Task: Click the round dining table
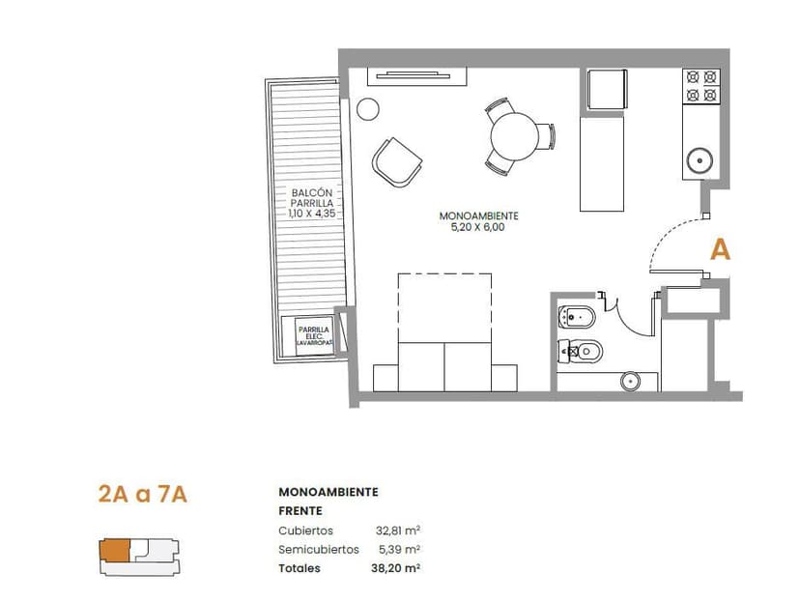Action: coord(514,136)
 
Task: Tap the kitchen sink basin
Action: coord(700,161)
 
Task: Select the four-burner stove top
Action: coord(701,86)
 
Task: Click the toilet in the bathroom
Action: coord(581,351)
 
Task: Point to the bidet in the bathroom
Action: coord(577,317)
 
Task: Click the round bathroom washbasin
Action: coord(631,381)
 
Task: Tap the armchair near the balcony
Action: coord(397,161)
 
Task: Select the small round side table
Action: coord(368,108)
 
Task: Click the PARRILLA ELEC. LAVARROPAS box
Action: coord(314,336)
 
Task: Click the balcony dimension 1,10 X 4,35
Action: coord(312,214)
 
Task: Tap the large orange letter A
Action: coord(721,249)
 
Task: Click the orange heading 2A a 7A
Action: coord(142,495)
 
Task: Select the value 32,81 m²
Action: coord(398,530)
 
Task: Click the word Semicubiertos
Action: coord(319,550)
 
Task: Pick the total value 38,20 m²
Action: coord(395,568)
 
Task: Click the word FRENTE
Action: coord(300,510)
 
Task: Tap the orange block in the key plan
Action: coord(115,551)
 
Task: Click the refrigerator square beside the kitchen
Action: coord(607,89)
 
